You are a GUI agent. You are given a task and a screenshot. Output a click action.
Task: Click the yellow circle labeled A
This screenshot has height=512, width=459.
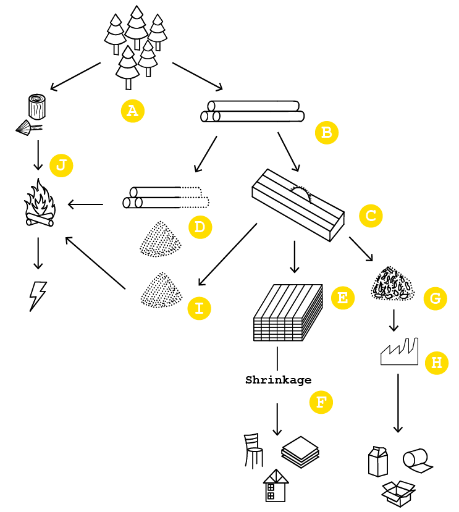tap(132, 111)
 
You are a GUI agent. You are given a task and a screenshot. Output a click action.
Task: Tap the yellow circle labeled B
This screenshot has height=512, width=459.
tap(326, 132)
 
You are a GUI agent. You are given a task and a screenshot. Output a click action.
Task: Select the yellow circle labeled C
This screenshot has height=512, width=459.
tap(371, 216)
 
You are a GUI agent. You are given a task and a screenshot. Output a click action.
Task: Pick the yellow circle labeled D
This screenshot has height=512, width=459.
tap(200, 227)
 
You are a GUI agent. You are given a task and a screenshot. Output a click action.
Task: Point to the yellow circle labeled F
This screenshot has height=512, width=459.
tap(320, 403)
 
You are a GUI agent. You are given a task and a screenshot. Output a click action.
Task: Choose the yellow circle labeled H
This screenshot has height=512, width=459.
tap(436, 363)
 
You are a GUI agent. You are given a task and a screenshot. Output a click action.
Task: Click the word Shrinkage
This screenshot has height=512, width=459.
tap(278, 380)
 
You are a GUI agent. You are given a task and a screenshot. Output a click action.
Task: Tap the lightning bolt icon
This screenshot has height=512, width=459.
tap(38, 296)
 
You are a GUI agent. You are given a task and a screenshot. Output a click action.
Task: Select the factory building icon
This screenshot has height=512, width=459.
tap(399, 352)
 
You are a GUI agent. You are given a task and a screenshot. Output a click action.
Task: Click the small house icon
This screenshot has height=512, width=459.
tap(276, 485)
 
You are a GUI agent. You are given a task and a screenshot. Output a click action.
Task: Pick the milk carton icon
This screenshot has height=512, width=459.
tap(378, 461)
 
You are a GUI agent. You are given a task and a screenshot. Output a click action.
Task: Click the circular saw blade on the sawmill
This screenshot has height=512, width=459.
tap(301, 193)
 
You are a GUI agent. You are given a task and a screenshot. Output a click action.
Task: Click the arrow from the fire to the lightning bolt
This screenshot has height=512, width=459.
tap(38, 253)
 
